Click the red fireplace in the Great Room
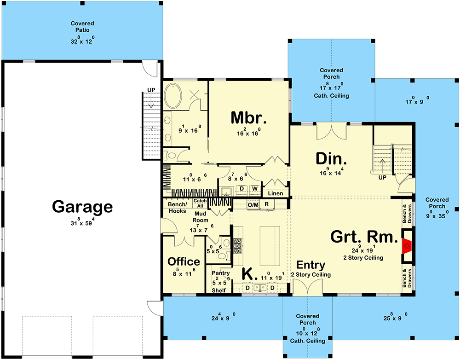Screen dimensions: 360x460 (x=407, y=247)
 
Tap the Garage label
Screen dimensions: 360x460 (x=82, y=207)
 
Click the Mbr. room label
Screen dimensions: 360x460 (x=249, y=118)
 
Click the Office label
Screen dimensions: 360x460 (x=184, y=261)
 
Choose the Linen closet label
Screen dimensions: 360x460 (x=275, y=193)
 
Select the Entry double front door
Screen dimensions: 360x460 (x=305, y=289)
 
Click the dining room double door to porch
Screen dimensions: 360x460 (x=331, y=131)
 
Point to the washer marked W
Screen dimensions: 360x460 (x=254, y=189)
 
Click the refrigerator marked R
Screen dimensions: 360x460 (x=267, y=204)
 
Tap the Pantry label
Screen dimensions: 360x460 (x=221, y=273)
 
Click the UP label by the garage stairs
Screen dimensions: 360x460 (x=151, y=89)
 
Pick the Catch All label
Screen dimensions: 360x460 (x=200, y=203)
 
